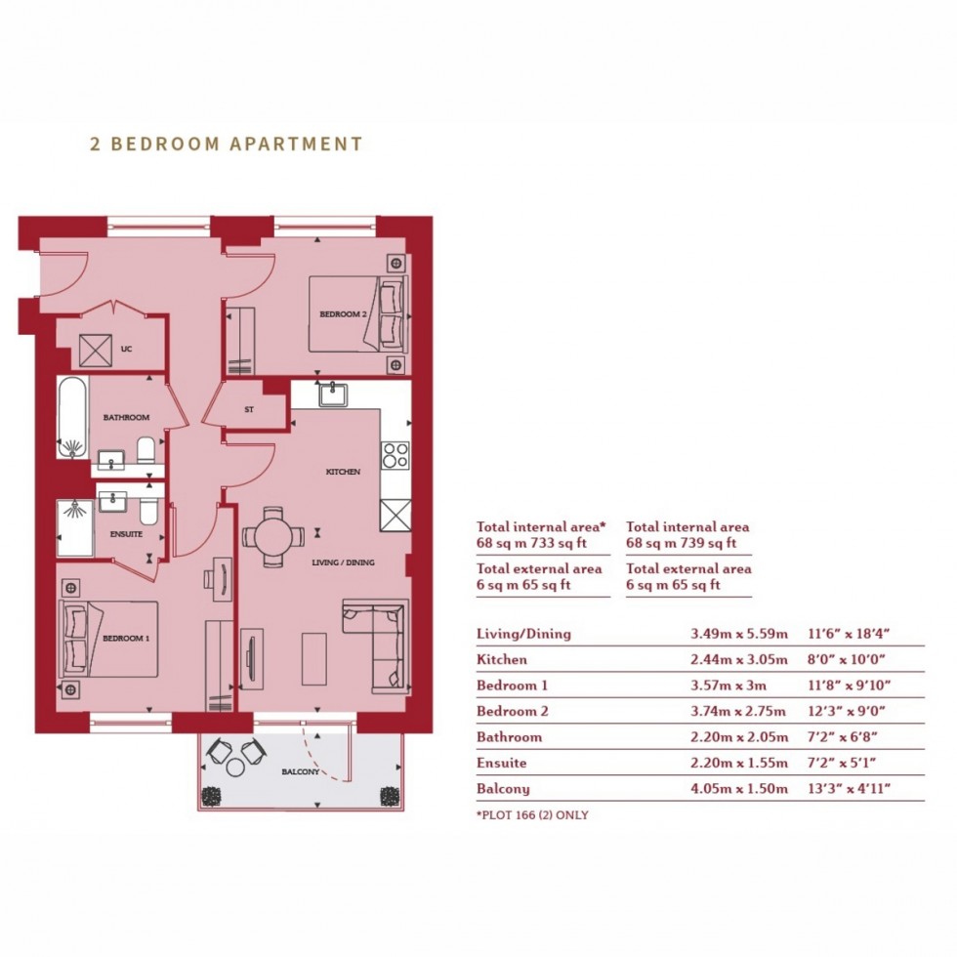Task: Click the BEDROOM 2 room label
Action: [343, 314]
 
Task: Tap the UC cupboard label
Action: [126, 350]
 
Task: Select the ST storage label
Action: [249, 409]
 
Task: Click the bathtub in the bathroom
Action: [73, 417]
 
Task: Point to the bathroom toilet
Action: [146, 450]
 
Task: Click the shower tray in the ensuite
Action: [76, 528]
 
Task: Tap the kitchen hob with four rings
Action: [395, 455]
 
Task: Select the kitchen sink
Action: [333, 395]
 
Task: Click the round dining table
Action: [273, 537]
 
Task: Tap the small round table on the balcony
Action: [235, 768]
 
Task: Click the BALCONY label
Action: [301, 772]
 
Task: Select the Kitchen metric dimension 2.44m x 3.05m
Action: [739, 659]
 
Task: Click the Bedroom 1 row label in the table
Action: [512, 685]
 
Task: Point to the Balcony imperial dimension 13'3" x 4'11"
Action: [849, 789]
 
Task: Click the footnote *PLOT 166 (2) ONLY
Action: [532, 814]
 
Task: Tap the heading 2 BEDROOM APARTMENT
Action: [227, 144]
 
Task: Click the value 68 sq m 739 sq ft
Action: [682, 543]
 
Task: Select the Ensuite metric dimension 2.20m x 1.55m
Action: [739, 763]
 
